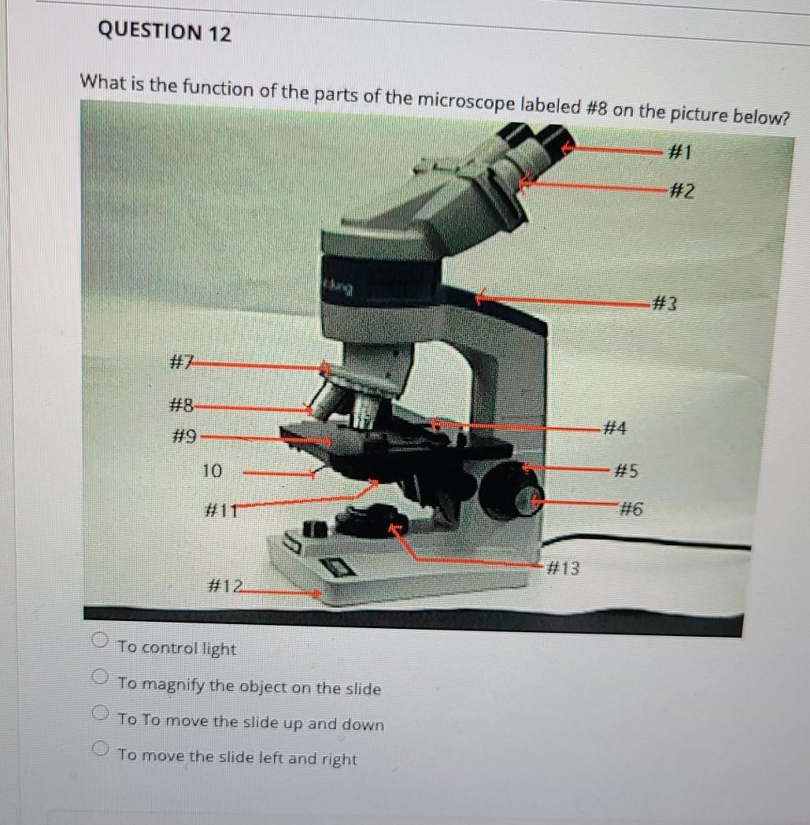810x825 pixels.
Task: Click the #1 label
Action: pyautogui.click(x=679, y=152)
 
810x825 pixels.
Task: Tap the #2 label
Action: pyautogui.click(x=682, y=191)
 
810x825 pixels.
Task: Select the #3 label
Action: pyautogui.click(x=665, y=304)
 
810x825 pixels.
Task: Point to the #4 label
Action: pyautogui.click(x=614, y=427)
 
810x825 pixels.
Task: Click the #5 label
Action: pyautogui.click(x=627, y=470)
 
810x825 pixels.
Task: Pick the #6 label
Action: pyautogui.click(x=631, y=509)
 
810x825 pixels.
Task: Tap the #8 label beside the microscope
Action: pyautogui.click(x=182, y=405)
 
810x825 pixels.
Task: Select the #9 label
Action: pyautogui.click(x=185, y=437)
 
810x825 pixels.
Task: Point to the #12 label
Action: pyautogui.click(x=226, y=586)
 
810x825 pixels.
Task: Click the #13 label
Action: pyautogui.click(x=564, y=568)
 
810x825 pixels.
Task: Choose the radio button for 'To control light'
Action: pyautogui.click(x=100, y=640)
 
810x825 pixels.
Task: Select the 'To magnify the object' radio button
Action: pyautogui.click(x=100, y=676)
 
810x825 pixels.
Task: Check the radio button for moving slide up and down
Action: pyautogui.click(x=100, y=712)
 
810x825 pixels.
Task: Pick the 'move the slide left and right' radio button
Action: pyautogui.click(x=100, y=748)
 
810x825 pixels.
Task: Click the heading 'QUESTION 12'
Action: pyautogui.click(x=165, y=31)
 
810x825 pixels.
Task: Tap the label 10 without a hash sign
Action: pyautogui.click(x=212, y=471)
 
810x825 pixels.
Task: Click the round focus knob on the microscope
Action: pyautogui.click(x=509, y=490)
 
